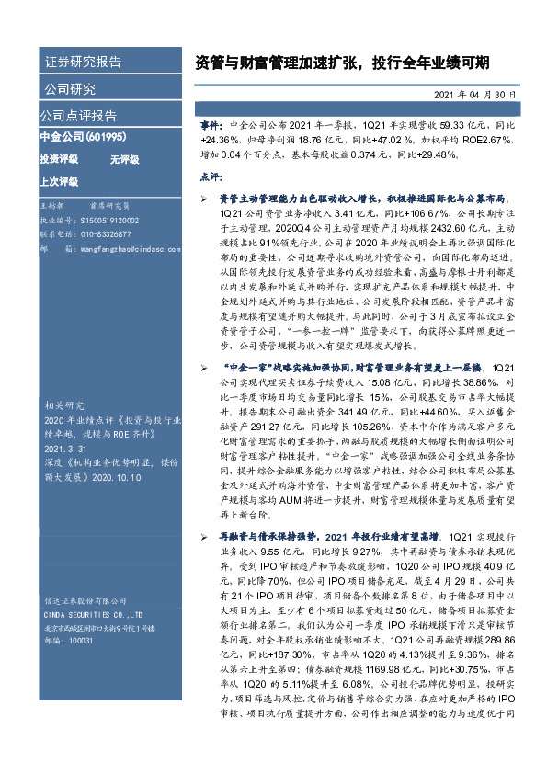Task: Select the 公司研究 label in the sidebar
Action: [x=69, y=89]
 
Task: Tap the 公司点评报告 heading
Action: [x=78, y=116]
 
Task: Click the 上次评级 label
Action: [x=59, y=181]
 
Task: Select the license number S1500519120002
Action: [x=110, y=222]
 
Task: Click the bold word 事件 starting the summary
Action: [x=211, y=121]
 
